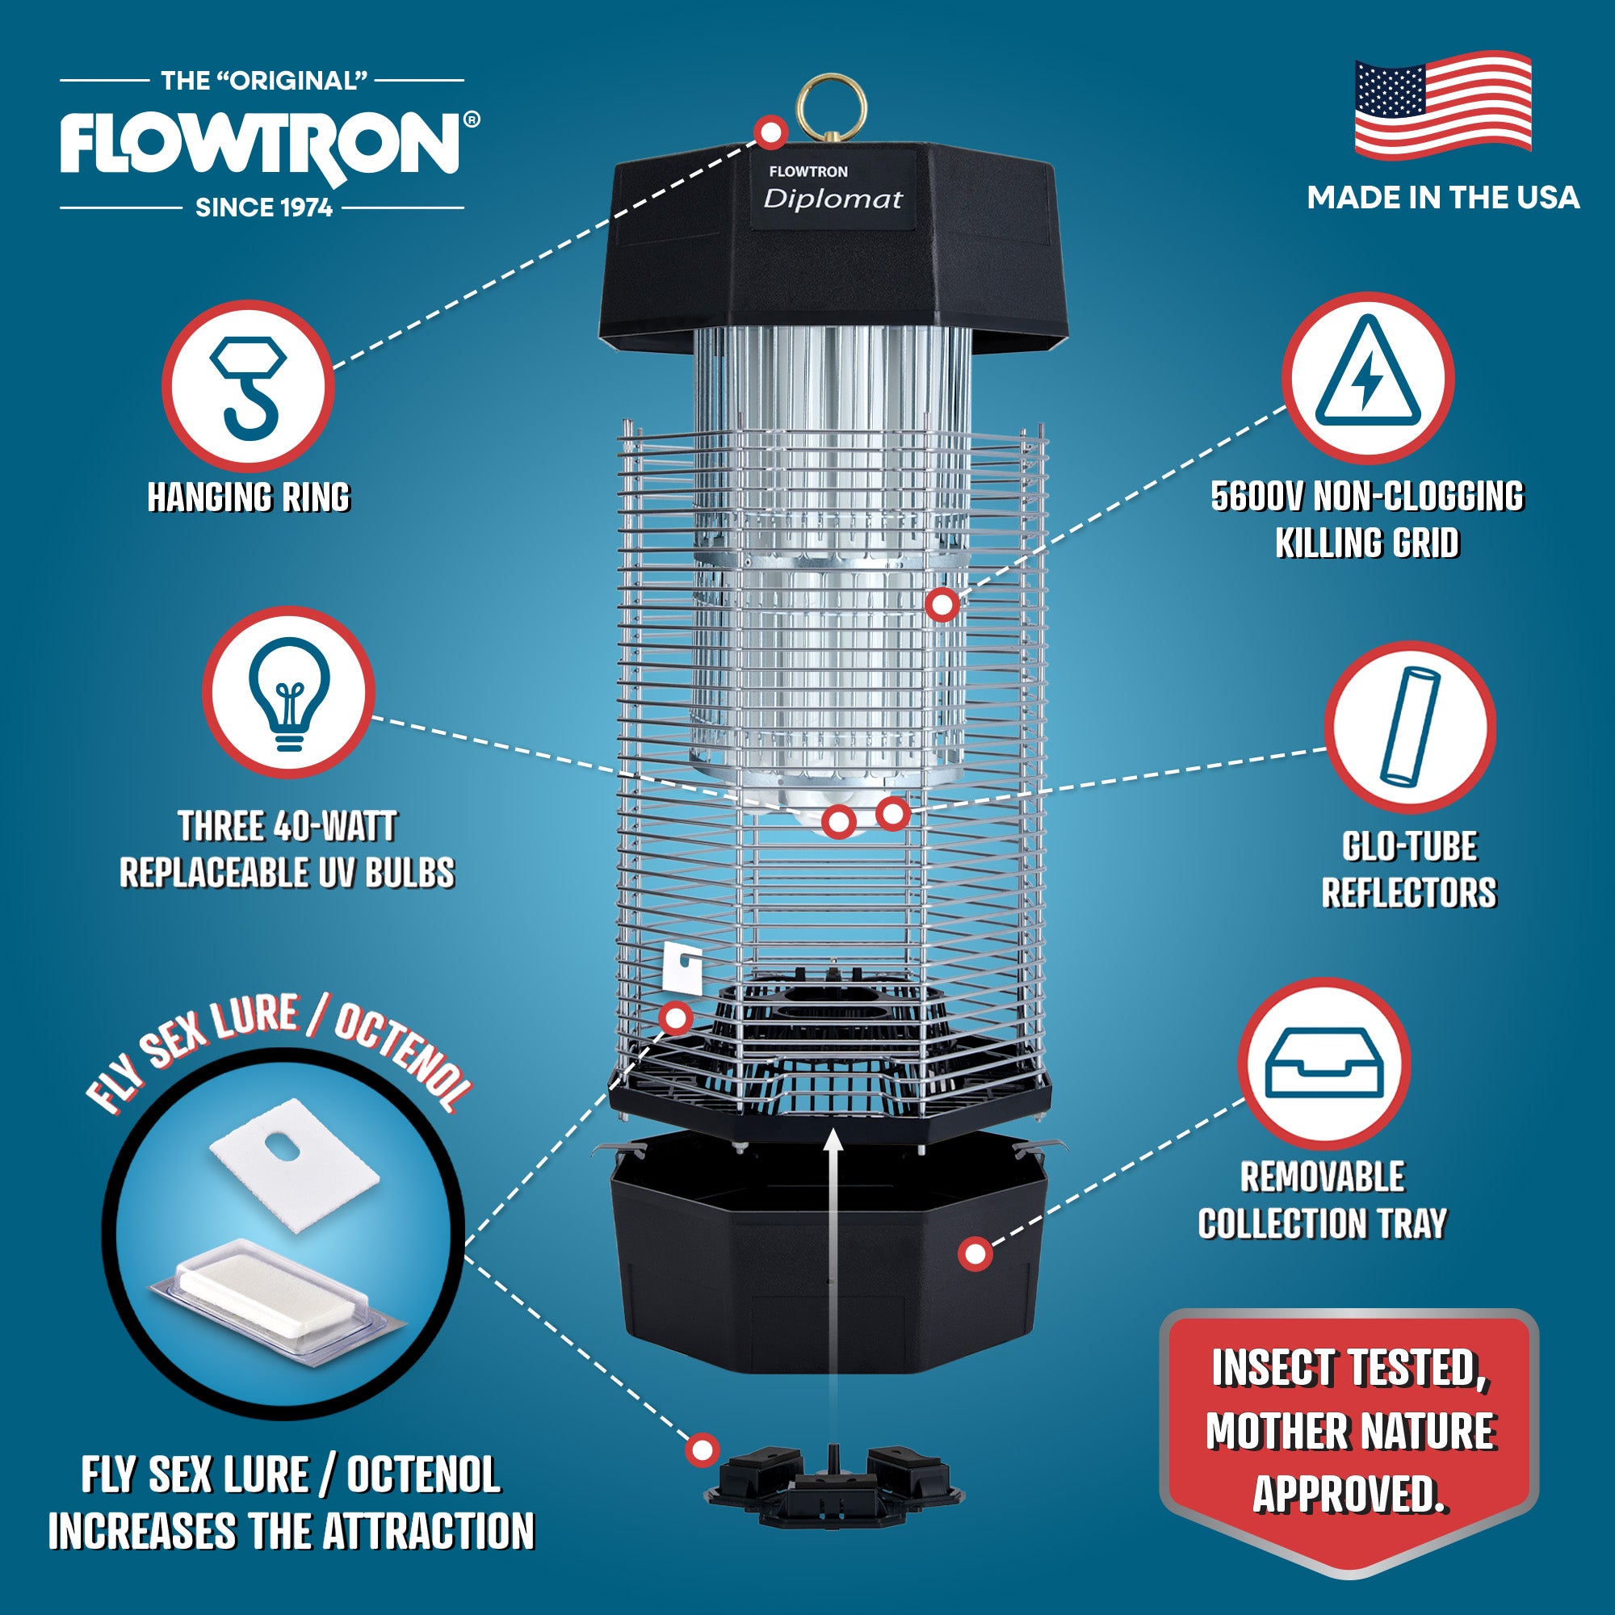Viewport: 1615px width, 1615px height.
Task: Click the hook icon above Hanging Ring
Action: click(248, 386)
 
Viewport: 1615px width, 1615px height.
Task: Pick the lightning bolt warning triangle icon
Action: click(1368, 377)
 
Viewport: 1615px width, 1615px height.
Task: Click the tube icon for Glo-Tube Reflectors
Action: click(1409, 726)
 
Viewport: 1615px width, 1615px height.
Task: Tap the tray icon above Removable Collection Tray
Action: click(1324, 1064)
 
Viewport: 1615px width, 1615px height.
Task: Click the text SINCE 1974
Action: click(264, 208)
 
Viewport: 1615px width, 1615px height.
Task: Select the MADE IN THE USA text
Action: click(1443, 198)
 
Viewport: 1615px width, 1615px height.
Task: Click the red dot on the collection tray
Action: click(975, 1253)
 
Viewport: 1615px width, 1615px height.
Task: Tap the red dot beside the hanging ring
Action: click(770, 132)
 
